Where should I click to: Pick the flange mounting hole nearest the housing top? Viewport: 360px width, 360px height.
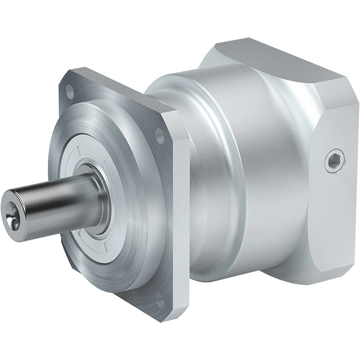tap(160, 137)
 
